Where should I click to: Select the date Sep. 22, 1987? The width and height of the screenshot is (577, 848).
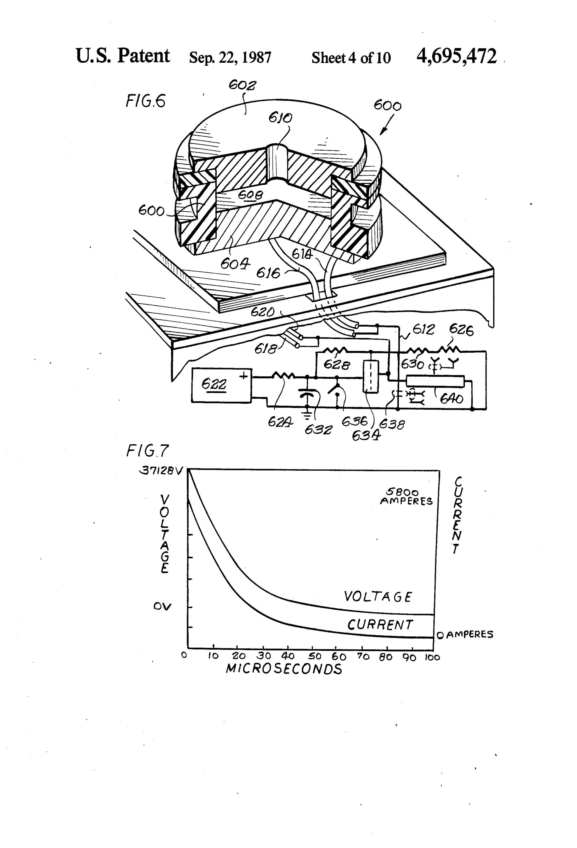(x=230, y=58)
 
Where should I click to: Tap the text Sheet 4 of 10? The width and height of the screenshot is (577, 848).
(x=351, y=58)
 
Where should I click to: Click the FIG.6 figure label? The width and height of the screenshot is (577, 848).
(x=145, y=101)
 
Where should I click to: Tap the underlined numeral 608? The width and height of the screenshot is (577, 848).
(x=250, y=195)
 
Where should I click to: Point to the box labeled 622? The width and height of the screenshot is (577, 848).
(x=221, y=385)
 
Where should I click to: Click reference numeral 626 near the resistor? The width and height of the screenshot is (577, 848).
(x=461, y=330)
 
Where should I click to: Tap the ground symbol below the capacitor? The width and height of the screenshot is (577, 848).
(x=307, y=415)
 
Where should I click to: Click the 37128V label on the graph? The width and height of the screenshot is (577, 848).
(x=160, y=471)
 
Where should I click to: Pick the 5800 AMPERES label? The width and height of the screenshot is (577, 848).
(x=406, y=497)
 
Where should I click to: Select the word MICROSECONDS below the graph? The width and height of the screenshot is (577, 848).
(x=284, y=669)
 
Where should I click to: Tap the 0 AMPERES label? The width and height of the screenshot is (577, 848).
(x=465, y=635)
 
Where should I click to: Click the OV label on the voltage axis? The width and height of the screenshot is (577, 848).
(x=162, y=606)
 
